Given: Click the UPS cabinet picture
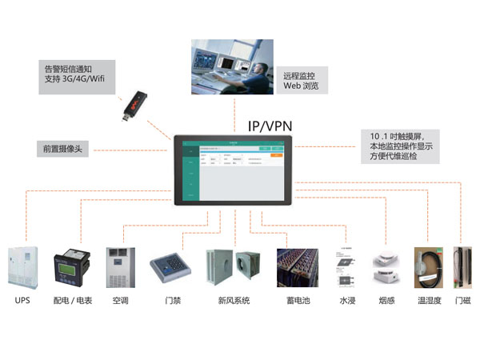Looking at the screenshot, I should pos(22,267).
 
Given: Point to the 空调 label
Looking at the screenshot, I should pos(120,301).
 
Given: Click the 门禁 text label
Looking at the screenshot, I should pos(172,301).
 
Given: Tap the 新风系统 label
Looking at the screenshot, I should pos(234,301).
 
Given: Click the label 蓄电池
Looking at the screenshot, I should pos(298,301).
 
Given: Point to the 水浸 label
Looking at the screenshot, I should pos(347,301).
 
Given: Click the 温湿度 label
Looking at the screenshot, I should pos(430,301).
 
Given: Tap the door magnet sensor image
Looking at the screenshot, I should pos(462,268).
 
